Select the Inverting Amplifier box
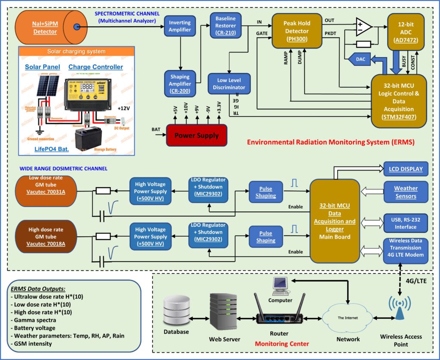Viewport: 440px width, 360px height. coord(180,26)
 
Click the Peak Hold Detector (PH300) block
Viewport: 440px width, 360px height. coord(296,31)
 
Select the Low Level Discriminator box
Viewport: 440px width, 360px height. coord(229,84)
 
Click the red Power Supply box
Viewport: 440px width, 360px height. coord(196,135)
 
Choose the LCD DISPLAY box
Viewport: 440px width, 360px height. coord(406,169)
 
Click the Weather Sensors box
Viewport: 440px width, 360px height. coord(406,192)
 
